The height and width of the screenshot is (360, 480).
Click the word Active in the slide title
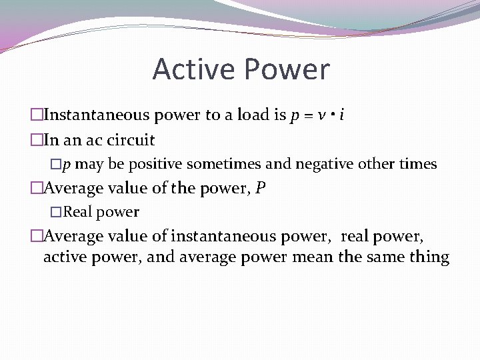195,69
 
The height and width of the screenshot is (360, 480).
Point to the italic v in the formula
321,115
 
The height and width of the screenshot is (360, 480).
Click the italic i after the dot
341,115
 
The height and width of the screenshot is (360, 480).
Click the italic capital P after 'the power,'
260,189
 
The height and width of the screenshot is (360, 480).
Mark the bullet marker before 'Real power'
56,213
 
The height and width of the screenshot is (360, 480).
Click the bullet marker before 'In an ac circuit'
36,140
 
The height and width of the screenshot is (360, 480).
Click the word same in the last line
382,257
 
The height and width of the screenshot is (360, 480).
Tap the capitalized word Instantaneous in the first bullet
97,115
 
